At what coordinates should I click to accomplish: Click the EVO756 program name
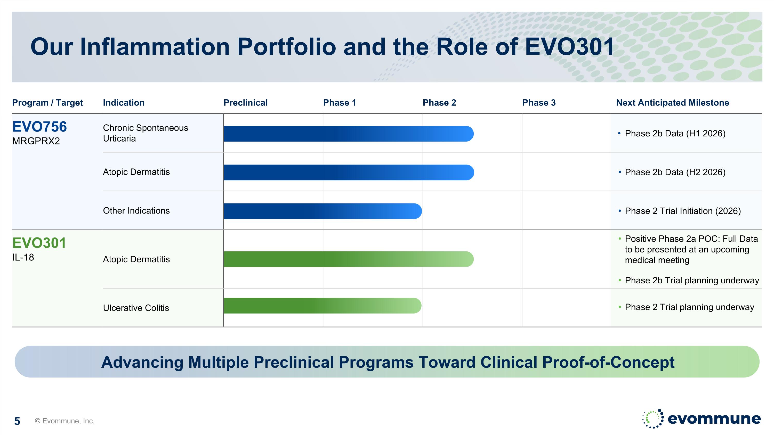click(x=39, y=127)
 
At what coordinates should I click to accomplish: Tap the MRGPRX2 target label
click(x=36, y=141)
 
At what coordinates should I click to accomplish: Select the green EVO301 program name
click(x=39, y=243)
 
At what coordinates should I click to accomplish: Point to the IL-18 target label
click(x=23, y=257)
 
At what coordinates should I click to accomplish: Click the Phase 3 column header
click(x=539, y=103)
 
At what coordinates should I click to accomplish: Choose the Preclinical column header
click(x=245, y=103)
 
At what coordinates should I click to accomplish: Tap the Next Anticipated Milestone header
click(x=672, y=103)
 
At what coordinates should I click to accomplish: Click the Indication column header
click(x=124, y=103)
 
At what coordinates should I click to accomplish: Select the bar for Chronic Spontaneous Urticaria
click(x=349, y=134)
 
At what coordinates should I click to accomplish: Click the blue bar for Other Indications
click(x=323, y=211)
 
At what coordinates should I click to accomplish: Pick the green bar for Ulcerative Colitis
click(x=322, y=306)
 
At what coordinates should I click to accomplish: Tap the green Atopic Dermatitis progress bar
click(x=349, y=259)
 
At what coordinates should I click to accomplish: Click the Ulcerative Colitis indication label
click(x=136, y=308)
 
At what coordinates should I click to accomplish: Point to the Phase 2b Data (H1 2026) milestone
click(x=675, y=133)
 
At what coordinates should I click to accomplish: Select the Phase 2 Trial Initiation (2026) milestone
click(x=683, y=211)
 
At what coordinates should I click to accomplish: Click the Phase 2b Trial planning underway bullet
click(x=692, y=280)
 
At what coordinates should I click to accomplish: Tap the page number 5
click(x=17, y=421)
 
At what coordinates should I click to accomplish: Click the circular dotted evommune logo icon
click(x=653, y=418)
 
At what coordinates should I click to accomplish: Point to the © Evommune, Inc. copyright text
click(x=64, y=421)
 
